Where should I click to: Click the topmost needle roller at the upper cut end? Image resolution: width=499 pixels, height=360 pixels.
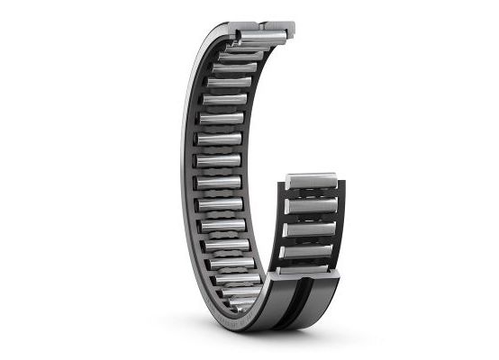click(x=261, y=35)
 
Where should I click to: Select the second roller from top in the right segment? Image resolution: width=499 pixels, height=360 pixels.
click(x=310, y=207)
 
